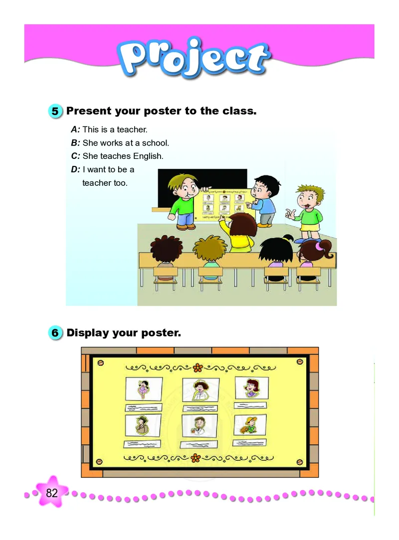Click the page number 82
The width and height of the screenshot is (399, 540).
[x=52, y=493]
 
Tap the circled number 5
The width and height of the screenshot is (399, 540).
[x=56, y=111]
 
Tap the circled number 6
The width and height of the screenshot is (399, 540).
[x=56, y=332]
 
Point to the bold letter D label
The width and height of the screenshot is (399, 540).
[x=75, y=169]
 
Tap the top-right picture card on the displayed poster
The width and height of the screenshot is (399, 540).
[x=252, y=388]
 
